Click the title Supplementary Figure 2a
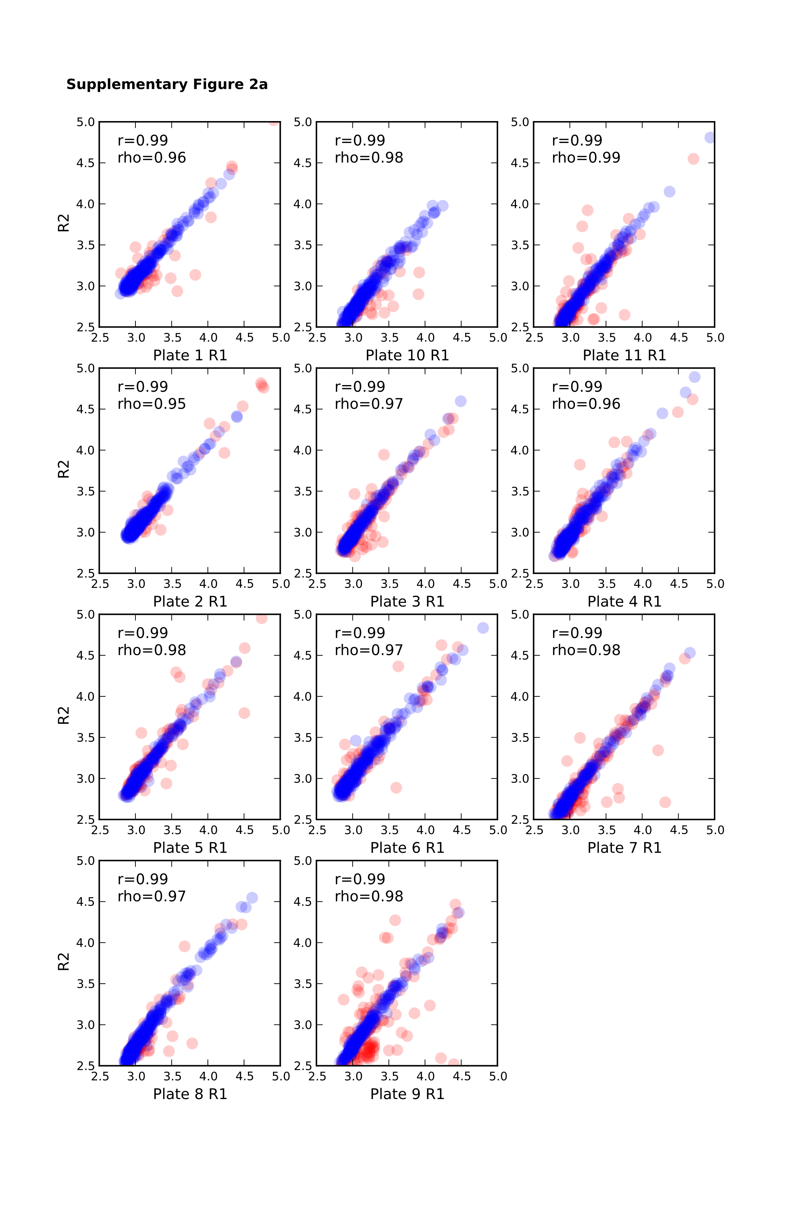tap(167, 84)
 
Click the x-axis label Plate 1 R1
tap(190, 355)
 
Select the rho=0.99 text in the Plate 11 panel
tap(586, 158)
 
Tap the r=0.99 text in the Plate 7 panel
tap(577, 633)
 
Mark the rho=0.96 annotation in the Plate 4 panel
tap(586, 404)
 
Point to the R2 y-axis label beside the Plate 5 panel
tap(63, 716)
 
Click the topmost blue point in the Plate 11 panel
tap(710, 138)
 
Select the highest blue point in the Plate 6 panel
tap(483, 628)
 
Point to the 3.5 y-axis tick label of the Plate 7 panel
tap(520, 737)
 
